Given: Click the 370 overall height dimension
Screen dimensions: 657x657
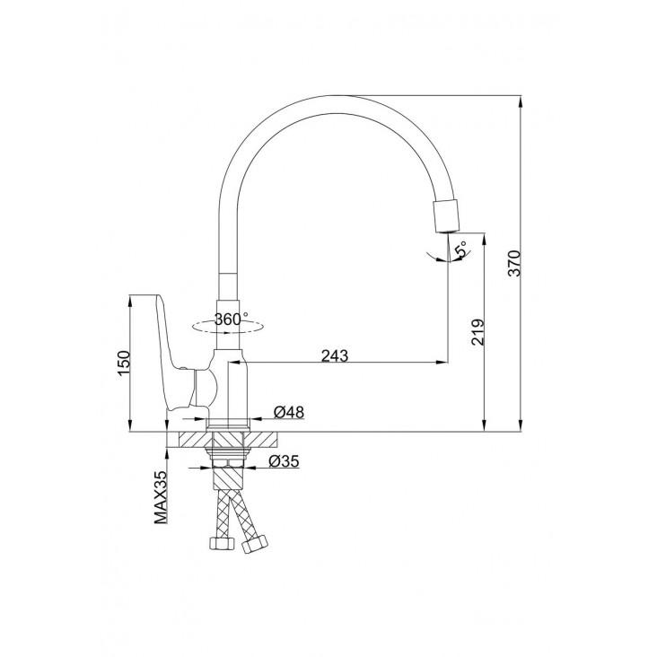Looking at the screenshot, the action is coord(513,263).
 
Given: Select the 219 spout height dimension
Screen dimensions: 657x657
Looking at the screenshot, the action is coord(477,332).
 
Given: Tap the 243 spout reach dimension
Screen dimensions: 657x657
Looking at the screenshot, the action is coord(335,355).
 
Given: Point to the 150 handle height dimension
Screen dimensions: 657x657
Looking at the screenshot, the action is coord(125,363).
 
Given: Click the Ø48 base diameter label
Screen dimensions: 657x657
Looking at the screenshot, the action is coord(289,412).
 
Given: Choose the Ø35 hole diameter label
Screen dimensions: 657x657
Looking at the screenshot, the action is coord(284,461).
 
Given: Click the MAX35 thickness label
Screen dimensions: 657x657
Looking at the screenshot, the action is coord(161,497).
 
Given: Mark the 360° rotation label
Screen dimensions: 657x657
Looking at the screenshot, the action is coord(231,320).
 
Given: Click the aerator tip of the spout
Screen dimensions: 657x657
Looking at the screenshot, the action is coord(447,215).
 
